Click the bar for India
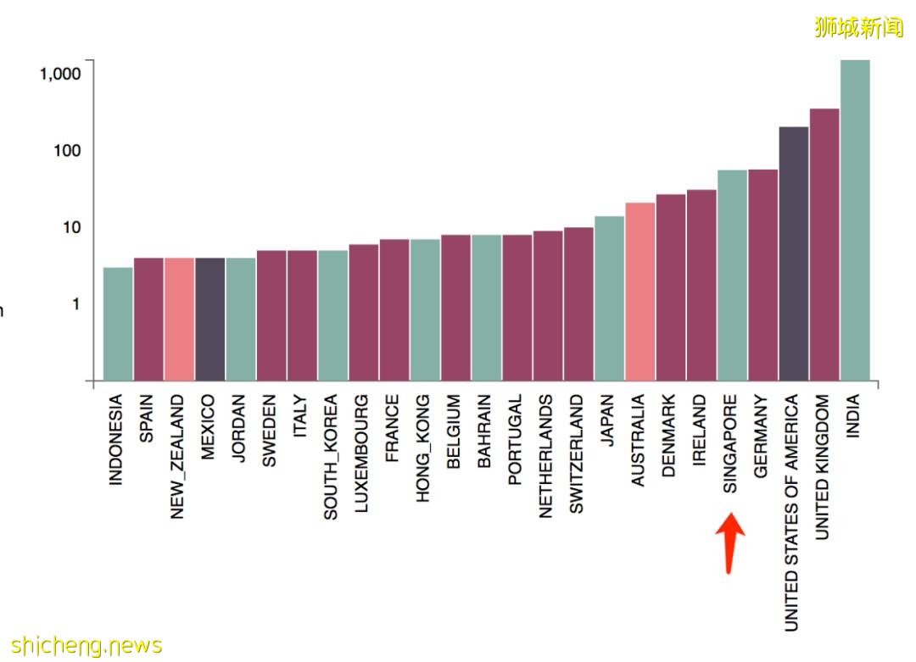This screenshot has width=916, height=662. pyautogui.click(x=855, y=220)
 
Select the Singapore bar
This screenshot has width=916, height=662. pyautogui.click(x=733, y=275)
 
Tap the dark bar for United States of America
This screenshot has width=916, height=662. pyautogui.click(x=794, y=253)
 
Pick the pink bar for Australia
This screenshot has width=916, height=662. pyautogui.click(x=640, y=292)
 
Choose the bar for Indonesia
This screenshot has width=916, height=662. pyautogui.click(x=118, y=324)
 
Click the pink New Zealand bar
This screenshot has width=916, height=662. pyautogui.click(x=179, y=319)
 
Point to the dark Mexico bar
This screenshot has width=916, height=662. pyautogui.click(x=210, y=319)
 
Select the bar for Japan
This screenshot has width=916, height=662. pyautogui.click(x=610, y=298)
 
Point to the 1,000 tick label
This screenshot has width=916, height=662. pyautogui.click(x=60, y=74)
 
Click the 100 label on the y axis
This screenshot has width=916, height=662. pyautogui.click(x=66, y=151)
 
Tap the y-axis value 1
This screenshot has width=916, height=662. pyautogui.click(x=75, y=303)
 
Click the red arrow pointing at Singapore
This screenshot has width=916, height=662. pyautogui.click(x=730, y=542)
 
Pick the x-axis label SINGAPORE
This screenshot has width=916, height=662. pyautogui.click(x=731, y=443)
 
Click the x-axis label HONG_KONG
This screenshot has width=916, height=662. pyautogui.click(x=424, y=448)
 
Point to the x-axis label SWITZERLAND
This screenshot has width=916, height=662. pyautogui.click(x=578, y=453)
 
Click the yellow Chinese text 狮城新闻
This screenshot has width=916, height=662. pyautogui.click(x=858, y=27)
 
